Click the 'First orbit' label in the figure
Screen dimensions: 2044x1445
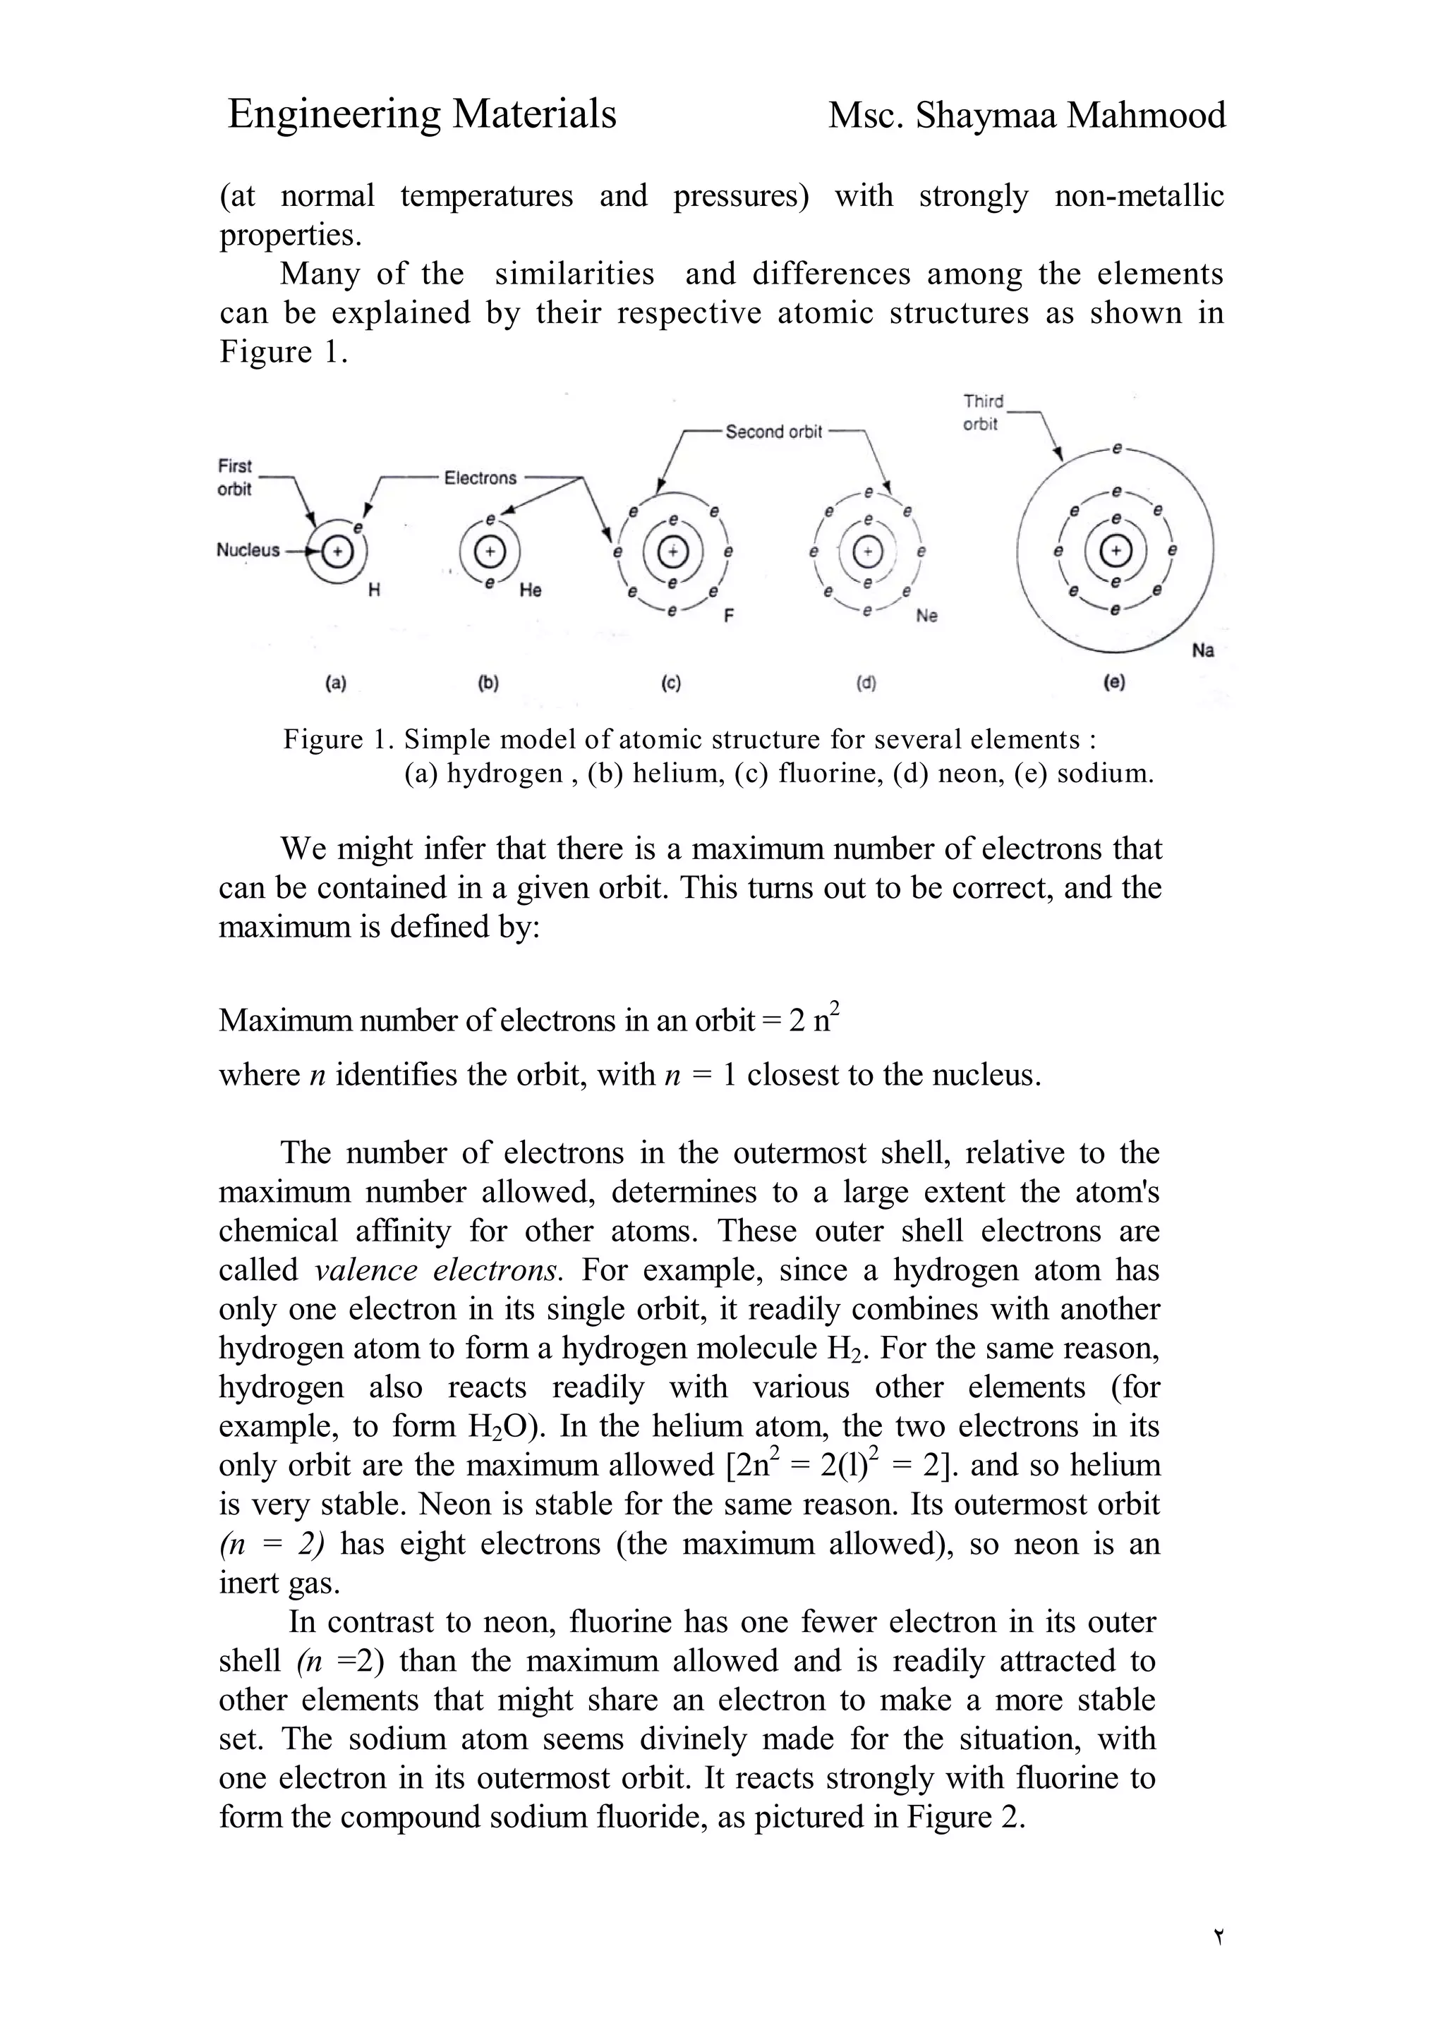[x=234, y=477]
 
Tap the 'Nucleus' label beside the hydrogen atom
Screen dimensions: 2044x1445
[x=248, y=550]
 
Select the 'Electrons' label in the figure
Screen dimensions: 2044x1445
[x=480, y=478]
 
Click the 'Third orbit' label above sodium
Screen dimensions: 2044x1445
[x=982, y=412]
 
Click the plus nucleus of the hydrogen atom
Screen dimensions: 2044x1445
[x=337, y=553]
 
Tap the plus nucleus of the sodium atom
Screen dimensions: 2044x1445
[x=1115, y=552]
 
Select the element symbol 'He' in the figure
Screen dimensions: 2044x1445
[x=530, y=590]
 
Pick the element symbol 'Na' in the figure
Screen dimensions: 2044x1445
[x=1202, y=651]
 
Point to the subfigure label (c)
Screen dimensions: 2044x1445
[x=670, y=683]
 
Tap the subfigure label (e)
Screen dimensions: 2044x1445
[x=1114, y=683]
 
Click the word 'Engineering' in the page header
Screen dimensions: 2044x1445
[x=332, y=115]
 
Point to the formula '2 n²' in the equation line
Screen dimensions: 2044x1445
[x=815, y=1019]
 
